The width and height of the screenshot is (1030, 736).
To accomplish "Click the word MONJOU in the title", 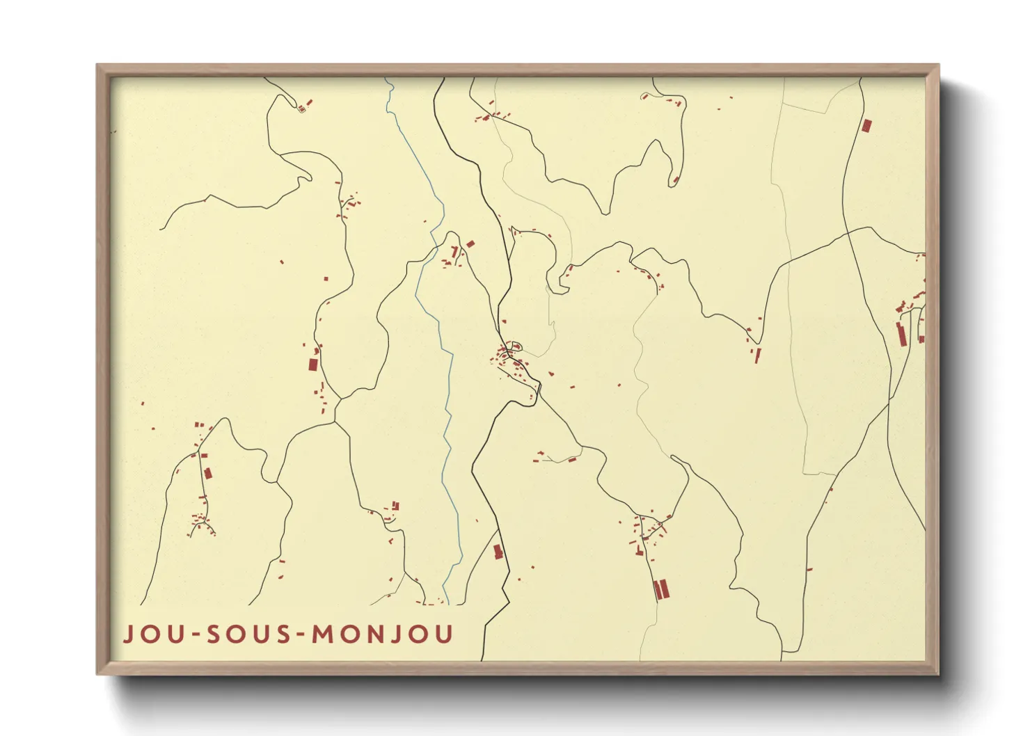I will tap(382, 634).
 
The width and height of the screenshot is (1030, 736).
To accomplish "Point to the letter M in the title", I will tap(322, 634).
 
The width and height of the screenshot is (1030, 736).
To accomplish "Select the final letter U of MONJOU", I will tap(443, 634).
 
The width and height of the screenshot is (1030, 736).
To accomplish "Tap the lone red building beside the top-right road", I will tap(866, 126).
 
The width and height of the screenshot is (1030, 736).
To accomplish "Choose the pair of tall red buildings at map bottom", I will tap(660, 589).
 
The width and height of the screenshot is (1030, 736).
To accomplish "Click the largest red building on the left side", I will tap(313, 365).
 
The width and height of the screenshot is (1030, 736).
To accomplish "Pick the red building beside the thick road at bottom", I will tap(497, 552).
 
